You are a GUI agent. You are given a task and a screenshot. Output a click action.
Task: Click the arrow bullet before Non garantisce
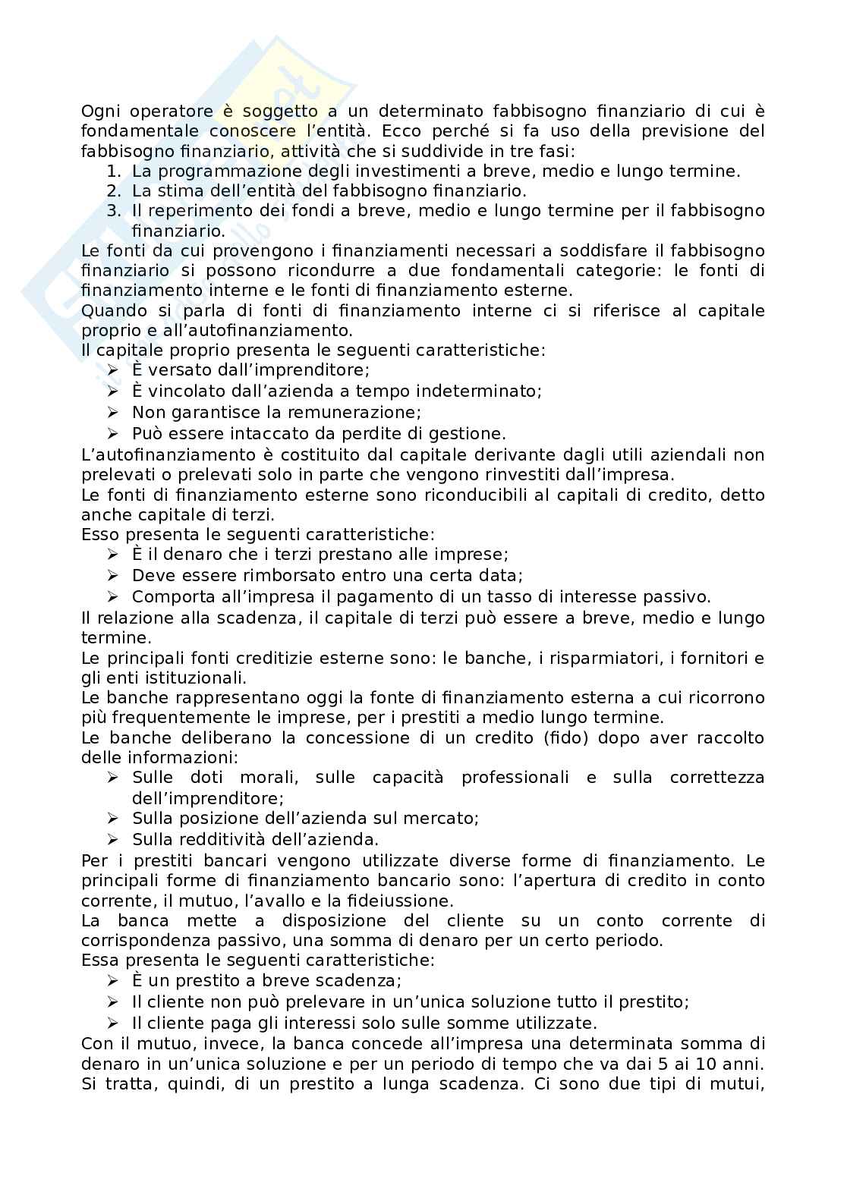(113, 413)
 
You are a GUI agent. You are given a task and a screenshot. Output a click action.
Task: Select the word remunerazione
(357, 413)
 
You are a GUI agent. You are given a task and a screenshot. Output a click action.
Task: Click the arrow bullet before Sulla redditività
(113, 840)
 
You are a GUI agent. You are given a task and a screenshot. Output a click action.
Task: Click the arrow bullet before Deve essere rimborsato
(113, 576)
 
